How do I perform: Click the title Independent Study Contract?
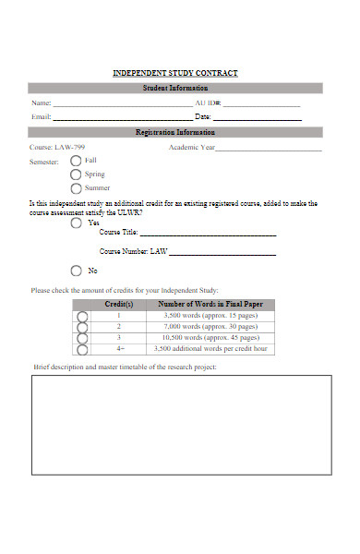click(x=174, y=73)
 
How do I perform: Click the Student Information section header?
click(x=174, y=89)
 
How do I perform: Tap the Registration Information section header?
click(x=174, y=133)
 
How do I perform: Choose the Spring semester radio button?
click(x=76, y=175)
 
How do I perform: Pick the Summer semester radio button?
click(x=76, y=188)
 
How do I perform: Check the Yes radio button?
click(x=76, y=223)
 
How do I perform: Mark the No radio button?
click(x=76, y=271)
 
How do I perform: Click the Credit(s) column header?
click(x=119, y=304)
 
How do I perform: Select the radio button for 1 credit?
click(x=81, y=316)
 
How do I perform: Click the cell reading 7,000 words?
click(x=210, y=327)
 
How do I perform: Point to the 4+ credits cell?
click(x=119, y=349)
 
